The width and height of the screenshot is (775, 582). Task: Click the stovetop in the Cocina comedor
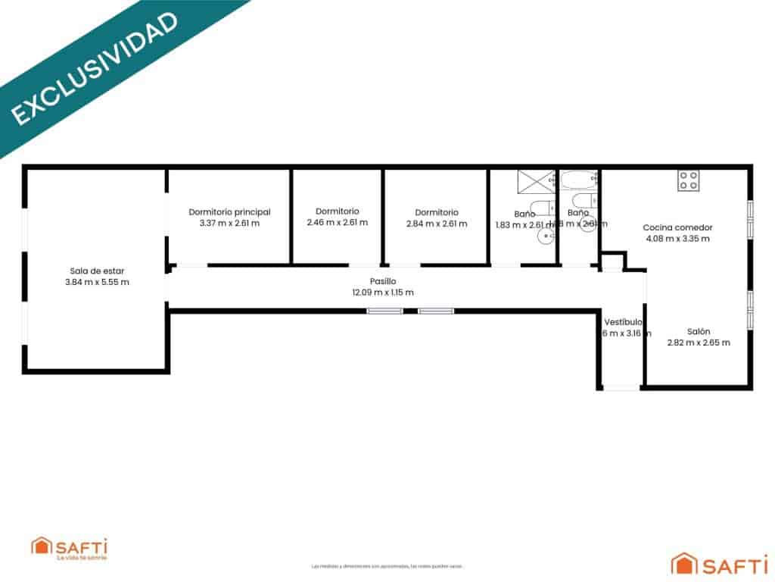pos(688,180)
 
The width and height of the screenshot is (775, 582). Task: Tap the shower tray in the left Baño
pos(537,183)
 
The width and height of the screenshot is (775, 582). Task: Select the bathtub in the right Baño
pos(579,181)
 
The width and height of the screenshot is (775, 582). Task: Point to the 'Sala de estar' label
pos(97,271)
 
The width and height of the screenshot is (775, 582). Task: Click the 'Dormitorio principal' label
pos(229,212)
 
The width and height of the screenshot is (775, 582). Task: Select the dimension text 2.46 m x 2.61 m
pos(337,223)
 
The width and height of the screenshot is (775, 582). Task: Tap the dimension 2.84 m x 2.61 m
pos(436,224)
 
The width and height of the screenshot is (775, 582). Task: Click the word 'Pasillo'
pos(383,281)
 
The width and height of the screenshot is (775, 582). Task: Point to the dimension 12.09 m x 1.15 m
pos(383,293)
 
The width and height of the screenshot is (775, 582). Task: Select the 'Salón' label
pos(699,331)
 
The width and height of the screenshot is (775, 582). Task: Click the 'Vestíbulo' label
pos(624,321)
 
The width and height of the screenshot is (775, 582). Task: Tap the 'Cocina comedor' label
pos(677,227)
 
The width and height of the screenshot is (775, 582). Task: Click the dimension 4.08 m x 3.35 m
pos(677,239)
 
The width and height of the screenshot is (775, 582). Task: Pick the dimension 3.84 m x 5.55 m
pos(97,282)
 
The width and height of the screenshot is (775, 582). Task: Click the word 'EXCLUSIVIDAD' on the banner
pos(95,67)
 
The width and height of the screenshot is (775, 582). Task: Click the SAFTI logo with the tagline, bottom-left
pos(69,548)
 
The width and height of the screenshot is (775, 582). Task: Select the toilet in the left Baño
pos(540,208)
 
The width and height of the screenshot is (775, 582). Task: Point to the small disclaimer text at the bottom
pos(387,566)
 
